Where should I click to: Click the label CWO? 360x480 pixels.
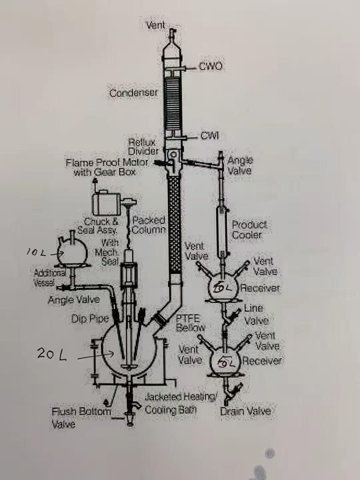[210, 66]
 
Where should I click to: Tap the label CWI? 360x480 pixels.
[210, 136]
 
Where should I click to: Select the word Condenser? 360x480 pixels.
[133, 92]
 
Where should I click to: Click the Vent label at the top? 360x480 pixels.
[156, 25]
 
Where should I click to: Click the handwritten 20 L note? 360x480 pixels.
[52, 354]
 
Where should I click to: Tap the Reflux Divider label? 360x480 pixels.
[143, 147]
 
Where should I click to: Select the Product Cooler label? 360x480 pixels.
[249, 230]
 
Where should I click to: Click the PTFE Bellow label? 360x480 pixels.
[190, 323]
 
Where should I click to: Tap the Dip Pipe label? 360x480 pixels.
[90, 319]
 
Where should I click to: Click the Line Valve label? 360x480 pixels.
[255, 314]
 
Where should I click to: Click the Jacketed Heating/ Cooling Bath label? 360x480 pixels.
[181, 403]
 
